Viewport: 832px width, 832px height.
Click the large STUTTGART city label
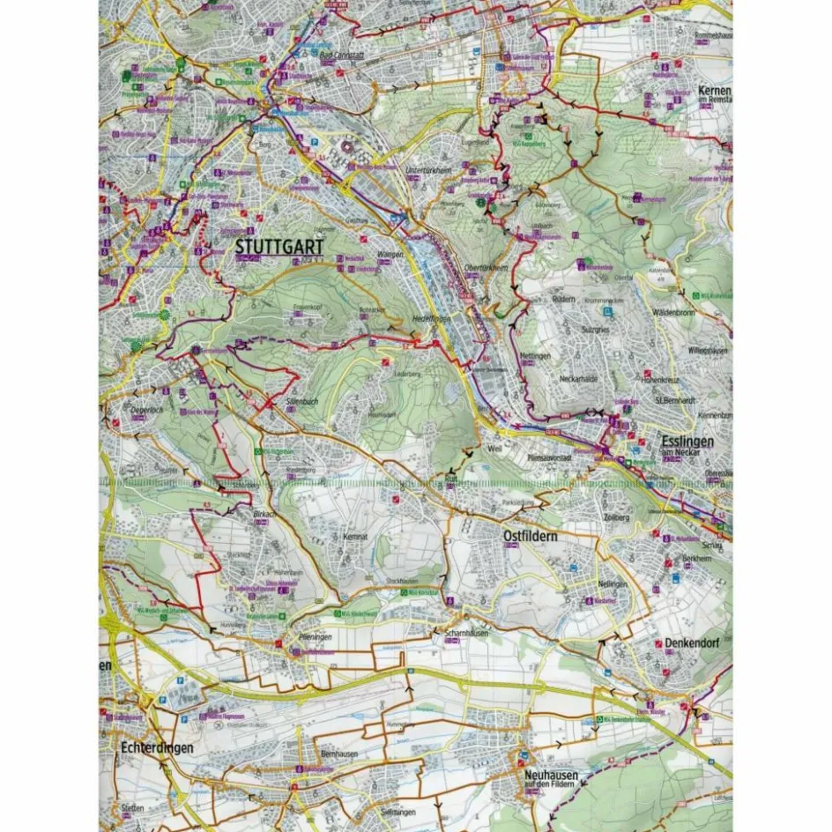(279, 248)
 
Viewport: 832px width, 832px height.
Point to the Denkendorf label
(693, 643)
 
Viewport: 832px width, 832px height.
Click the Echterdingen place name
(154, 747)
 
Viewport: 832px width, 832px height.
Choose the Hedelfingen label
(431, 319)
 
